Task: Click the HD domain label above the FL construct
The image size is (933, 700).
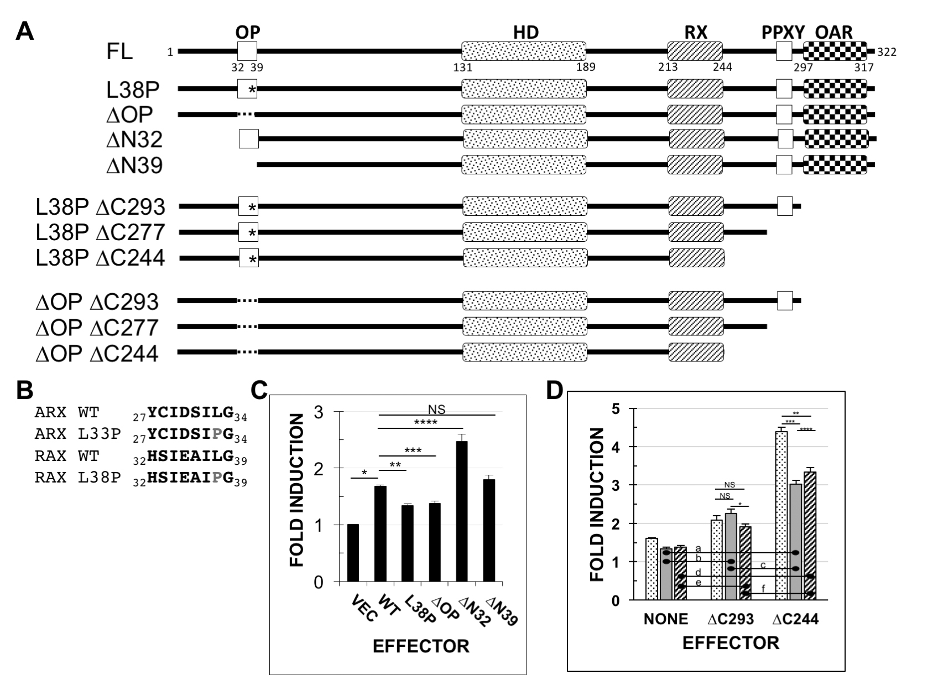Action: (x=525, y=32)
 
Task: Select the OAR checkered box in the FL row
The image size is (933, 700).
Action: (x=835, y=51)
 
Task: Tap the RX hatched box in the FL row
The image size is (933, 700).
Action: (x=695, y=51)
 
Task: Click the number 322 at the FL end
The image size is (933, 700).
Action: (x=887, y=53)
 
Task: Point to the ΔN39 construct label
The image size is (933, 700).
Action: (x=134, y=165)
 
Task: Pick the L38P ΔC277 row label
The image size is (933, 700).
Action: (x=100, y=232)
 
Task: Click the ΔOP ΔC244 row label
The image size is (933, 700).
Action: (x=97, y=354)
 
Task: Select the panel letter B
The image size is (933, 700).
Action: (x=25, y=390)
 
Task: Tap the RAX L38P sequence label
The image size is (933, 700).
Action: (x=77, y=478)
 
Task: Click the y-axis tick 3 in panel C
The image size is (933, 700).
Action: (x=319, y=412)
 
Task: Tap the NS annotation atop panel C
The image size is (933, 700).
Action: (x=436, y=409)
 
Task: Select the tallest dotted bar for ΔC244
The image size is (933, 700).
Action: (x=781, y=515)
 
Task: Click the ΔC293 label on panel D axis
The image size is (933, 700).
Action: (x=730, y=619)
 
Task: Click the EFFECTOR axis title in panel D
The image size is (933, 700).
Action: (x=730, y=642)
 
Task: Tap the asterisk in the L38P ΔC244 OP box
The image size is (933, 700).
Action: (x=252, y=259)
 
